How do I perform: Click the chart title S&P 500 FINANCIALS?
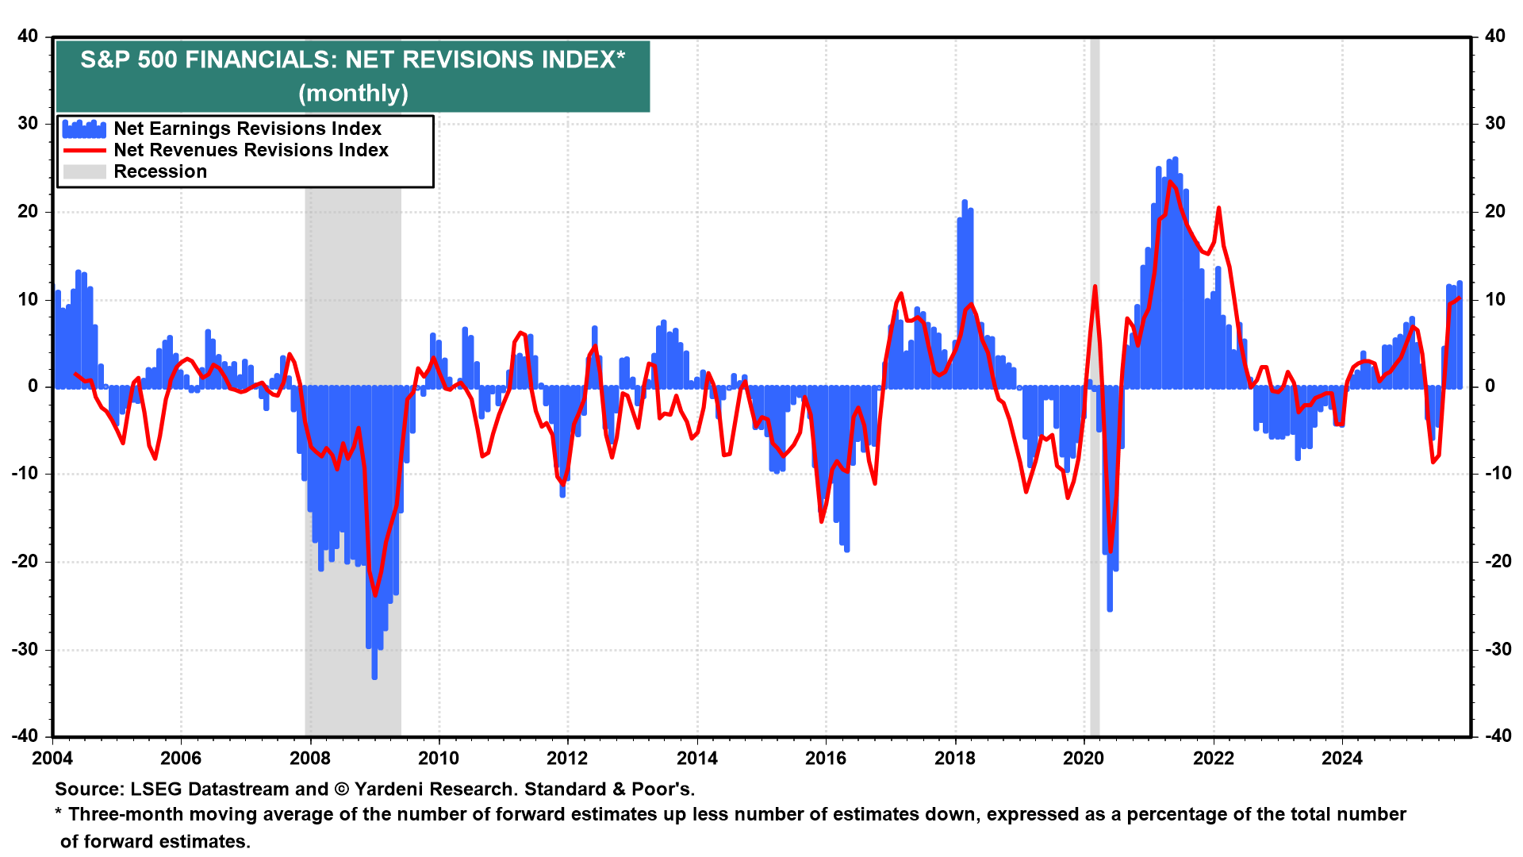point(352,60)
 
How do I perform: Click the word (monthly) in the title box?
point(353,94)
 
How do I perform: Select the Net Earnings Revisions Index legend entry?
point(247,129)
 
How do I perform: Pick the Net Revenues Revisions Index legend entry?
point(251,150)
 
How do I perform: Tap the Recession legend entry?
point(159,171)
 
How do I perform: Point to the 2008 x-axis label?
point(309,758)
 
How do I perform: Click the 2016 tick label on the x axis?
point(826,758)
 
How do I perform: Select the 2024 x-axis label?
point(1341,758)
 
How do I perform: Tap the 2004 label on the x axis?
point(52,758)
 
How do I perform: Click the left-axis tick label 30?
point(28,123)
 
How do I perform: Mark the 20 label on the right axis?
point(1494,211)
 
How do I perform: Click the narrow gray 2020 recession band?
point(1095,555)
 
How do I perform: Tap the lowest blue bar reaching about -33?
point(374,671)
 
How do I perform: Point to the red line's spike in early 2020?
point(1095,287)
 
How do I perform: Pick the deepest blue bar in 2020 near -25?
point(1110,603)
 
